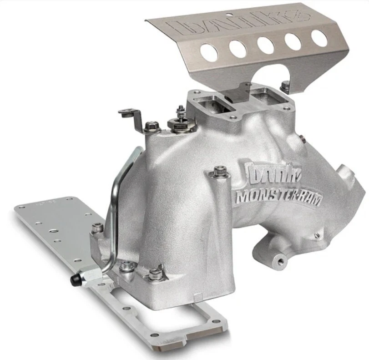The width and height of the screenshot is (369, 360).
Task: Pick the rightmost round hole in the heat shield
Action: point(319,38)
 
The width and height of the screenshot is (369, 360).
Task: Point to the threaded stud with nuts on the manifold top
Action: point(181,117)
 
